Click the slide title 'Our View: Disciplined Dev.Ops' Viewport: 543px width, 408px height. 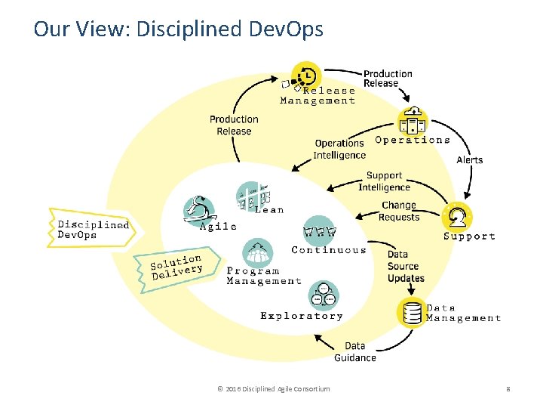(178, 29)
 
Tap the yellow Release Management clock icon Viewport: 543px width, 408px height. (306, 76)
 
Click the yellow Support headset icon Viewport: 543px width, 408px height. (457, 216)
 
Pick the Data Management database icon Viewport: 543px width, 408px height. (412, 312)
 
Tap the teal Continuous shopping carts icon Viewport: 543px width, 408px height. (319, 230)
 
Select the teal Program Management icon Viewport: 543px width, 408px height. (258, 252)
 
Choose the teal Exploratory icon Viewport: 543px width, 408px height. (324, 295)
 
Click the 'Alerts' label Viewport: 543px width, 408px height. (470, 159)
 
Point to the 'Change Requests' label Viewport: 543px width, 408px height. (399, 211)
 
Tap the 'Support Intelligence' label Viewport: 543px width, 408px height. (384, 181)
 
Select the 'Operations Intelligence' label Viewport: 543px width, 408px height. (339, 149)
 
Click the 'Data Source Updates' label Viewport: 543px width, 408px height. (406, 266)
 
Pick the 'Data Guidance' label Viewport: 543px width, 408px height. (355, 351)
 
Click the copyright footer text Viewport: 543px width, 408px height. (272, 388)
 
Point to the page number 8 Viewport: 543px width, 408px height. (508, 388)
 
